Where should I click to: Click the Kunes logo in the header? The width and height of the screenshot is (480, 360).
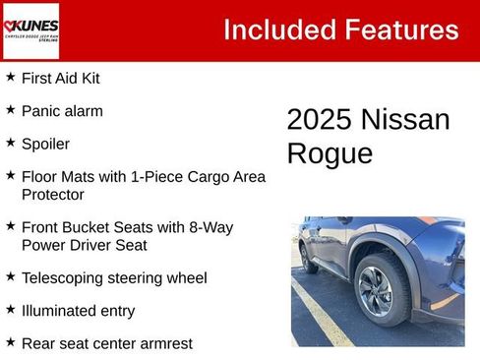(30, 30)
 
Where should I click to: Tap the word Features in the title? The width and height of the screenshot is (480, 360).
(400, 30)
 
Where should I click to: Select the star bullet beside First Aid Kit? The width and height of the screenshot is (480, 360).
(10, 77)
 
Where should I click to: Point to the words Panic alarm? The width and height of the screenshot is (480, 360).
(62, 110)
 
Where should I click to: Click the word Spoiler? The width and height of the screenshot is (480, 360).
(45, 144)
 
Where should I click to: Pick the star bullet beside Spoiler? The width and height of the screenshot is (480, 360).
(10, 143)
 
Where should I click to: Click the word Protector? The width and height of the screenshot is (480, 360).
(55, 195)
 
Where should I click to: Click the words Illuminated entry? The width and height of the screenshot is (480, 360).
(78, 311)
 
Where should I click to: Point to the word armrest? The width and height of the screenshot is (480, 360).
(163, 343)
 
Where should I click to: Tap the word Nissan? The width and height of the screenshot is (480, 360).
(405, 120)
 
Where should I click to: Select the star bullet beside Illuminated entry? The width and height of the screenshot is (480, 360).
(10, 310)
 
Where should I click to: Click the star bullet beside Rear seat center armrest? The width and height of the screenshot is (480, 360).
(10, 342)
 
